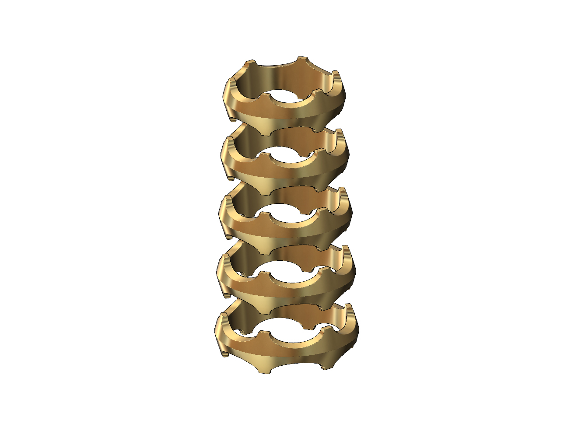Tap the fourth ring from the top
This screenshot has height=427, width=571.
coord(284,287)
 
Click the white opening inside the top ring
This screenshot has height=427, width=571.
coord(287,97)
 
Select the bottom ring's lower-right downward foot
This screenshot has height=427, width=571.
coord(324,365)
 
